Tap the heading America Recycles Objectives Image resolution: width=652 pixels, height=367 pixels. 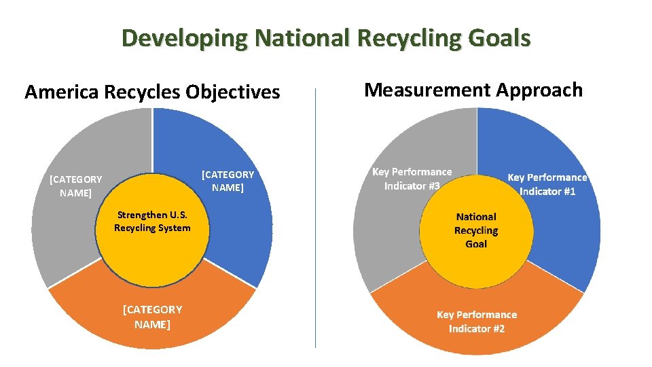[152, 92]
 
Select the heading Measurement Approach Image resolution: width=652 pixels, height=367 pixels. [473, 90]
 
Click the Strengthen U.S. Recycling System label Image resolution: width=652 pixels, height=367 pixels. [152, 222]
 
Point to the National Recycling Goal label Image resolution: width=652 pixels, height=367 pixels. [476, 230]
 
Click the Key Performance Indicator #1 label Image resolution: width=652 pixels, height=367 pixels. [547, 184]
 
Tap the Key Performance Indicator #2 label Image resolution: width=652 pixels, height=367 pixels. [477, 321]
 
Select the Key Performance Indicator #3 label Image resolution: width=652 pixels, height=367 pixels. [412, 179]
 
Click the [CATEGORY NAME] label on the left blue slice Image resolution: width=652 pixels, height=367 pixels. [228, 181]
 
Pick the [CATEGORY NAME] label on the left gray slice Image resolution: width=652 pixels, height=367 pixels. [76, 186]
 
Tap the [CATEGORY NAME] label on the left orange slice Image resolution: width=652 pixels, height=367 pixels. [152, 317]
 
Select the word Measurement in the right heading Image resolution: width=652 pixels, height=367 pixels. [428, 90]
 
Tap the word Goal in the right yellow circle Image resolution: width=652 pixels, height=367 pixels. [476, 244]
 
